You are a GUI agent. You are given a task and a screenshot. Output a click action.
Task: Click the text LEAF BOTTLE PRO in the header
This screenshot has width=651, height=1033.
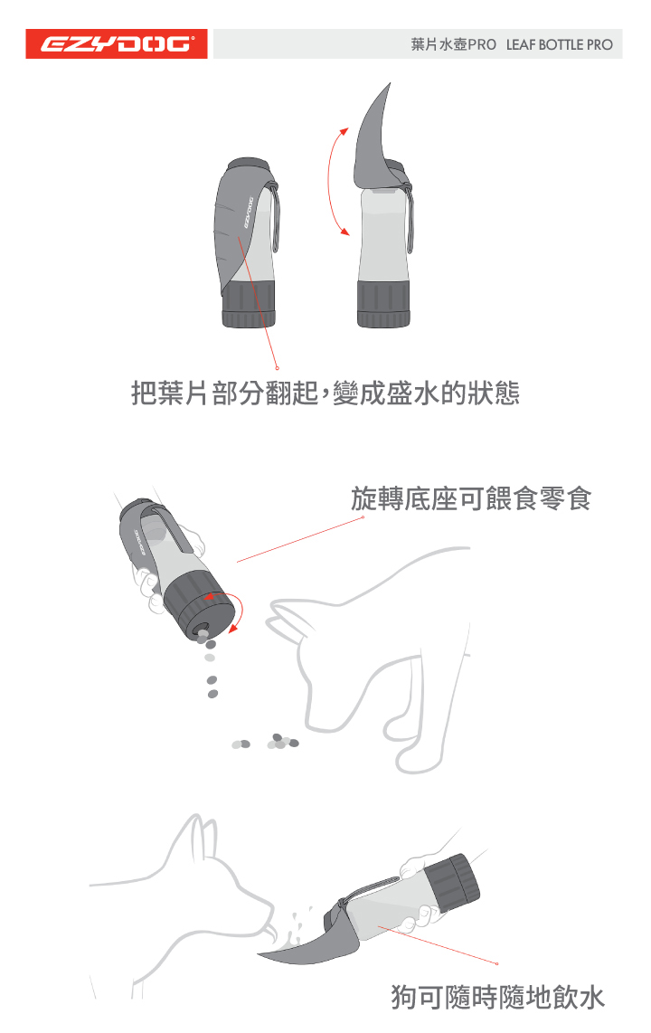click(559, 44)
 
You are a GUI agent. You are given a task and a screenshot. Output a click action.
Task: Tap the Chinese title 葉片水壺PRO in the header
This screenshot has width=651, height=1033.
click(453, 44)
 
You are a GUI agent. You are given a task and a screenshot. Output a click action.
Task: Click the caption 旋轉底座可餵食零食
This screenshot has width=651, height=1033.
click(470, 498)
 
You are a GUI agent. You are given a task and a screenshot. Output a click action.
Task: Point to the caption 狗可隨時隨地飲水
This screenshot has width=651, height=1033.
click(497, 998)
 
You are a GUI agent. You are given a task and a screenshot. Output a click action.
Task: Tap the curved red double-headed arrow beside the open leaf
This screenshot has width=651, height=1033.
click(332, 181)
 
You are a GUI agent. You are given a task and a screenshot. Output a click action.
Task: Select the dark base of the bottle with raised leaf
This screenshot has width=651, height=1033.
click(383, 305)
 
